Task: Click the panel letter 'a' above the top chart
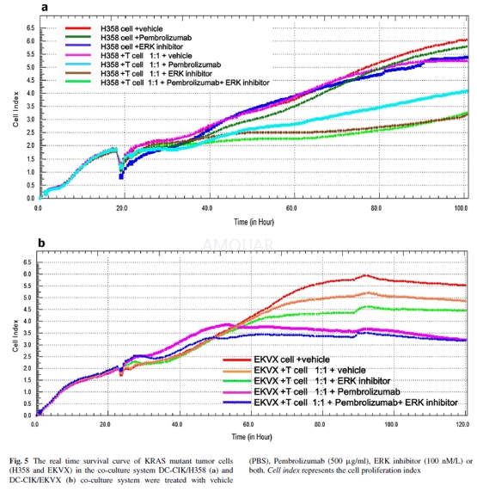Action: [45, 7]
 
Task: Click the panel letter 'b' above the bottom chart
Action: [41, 243]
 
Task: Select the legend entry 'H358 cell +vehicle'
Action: [131, 29]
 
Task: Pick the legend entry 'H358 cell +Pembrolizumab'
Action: [146, 38]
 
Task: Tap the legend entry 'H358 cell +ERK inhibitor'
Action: [142, 46]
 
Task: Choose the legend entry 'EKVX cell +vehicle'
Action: [291, 360]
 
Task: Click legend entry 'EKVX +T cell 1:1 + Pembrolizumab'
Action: [327, 391]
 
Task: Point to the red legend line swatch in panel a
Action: [78, 28]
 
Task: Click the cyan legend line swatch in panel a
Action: [78, 65]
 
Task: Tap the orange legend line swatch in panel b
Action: [237, 371]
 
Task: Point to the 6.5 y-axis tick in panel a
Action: [30, 28]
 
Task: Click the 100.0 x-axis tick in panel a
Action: [461, 208]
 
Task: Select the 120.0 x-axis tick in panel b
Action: [462, 424]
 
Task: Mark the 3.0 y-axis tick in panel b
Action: [28, 345]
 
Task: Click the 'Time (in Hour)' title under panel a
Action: [254, 222]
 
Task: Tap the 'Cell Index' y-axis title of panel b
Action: [15, 335]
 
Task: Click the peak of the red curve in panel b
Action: [364, 275]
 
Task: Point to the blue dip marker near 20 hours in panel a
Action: [121, 176]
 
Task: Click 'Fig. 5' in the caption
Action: [19, 461]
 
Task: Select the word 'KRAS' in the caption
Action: [156, 461]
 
